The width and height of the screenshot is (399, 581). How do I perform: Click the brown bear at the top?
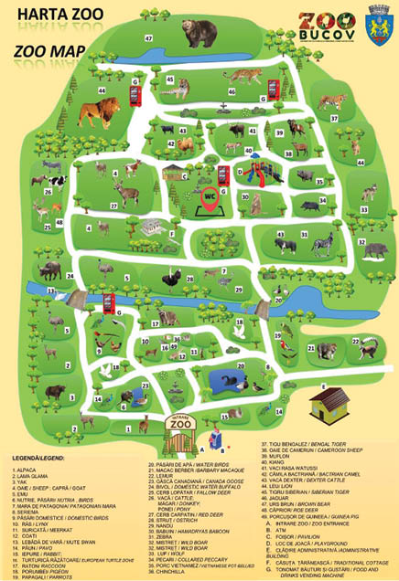[199, 35]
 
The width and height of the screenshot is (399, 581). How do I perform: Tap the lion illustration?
[99, 112]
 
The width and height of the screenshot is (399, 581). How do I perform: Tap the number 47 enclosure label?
[147, 38]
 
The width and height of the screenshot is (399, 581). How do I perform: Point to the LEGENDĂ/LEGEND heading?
[38, 454]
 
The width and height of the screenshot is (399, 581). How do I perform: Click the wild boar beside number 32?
[375, 248]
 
